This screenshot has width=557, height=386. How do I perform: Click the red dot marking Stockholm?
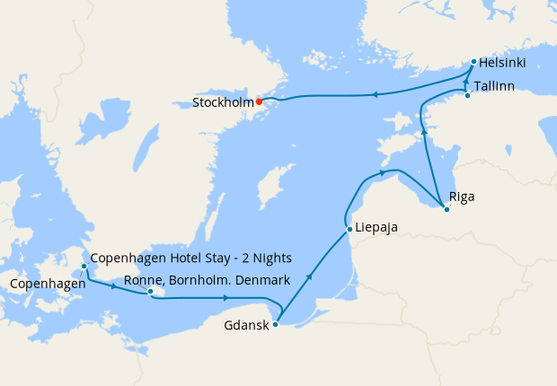pos(259,101)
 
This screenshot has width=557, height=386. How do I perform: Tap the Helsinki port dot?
pos(473,62)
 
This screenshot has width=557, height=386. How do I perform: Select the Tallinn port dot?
pos(467,95)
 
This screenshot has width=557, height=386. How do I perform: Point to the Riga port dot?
pos(446,209)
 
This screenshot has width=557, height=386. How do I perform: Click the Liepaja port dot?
pos(349,229)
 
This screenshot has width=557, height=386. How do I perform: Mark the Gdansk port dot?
pos(275,324)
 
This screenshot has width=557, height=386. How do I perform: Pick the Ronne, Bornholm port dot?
pos(151,291)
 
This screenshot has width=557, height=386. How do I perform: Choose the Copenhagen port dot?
pos(84,267)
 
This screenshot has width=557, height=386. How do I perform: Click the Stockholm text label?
pos(222,102)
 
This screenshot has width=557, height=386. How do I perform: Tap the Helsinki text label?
pos(502,63)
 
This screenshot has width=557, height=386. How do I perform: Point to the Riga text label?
pos(462,197)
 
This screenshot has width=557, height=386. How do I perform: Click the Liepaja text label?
pos(377,227)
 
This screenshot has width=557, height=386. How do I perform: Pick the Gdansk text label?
pos(245,326)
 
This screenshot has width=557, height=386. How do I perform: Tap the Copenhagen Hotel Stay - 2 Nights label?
pos(190,259)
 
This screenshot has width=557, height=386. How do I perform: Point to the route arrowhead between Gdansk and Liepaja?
pos(310,277)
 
